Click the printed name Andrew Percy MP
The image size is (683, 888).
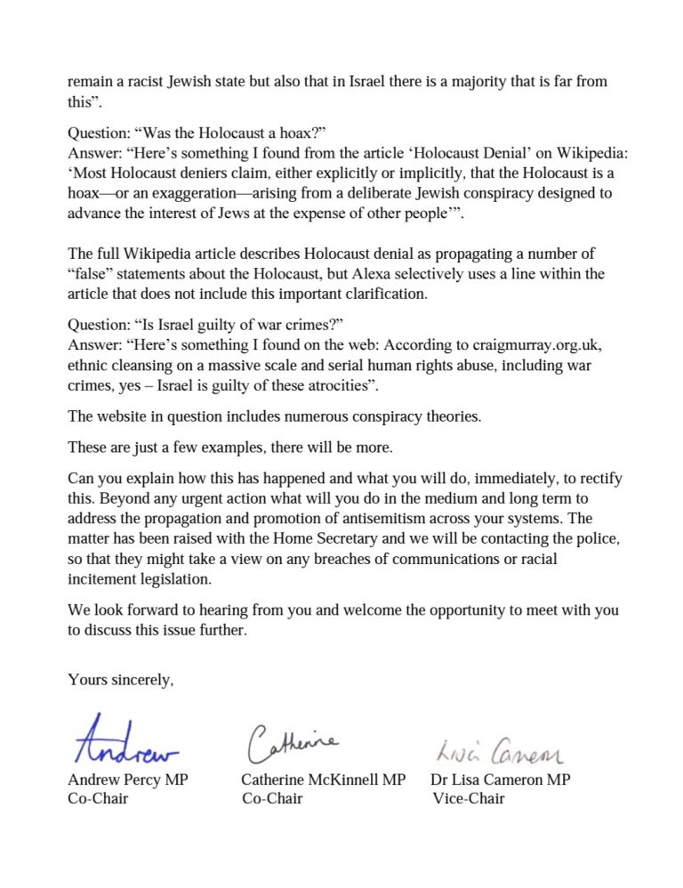pyautogui.click(x=128, y=779)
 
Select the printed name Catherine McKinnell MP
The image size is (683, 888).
pyautogui.click(x=324, y=779)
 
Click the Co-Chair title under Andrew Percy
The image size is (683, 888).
pyautogui.click(x=98, y=798)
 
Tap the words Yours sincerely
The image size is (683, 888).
pyautogui.click(x=121, y=680)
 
